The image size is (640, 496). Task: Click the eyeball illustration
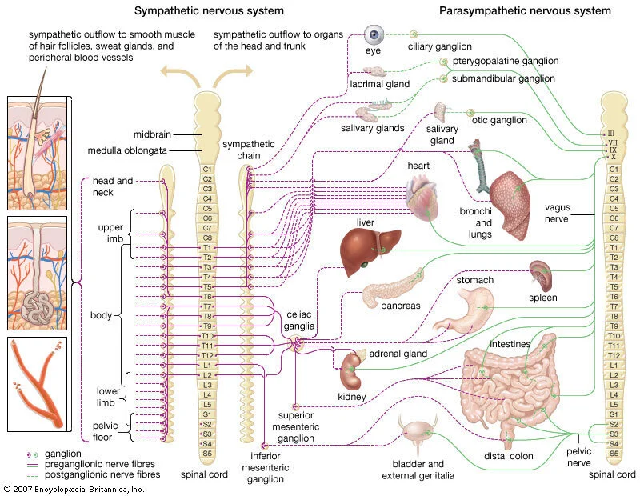click(374, 34)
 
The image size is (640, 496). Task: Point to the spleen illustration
click(541, 275)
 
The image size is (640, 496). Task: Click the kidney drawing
click(351, 370)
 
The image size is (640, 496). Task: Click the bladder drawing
click(417, 432)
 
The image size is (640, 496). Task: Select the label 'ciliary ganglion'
click(439, 46)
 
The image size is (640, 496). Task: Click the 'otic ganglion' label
click(499, 120)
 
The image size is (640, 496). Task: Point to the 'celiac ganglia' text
click(299, 320)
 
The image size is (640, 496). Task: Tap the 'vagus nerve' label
click(557, 213)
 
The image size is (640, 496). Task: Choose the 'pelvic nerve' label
click(578, 457)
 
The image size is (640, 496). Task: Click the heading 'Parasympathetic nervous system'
click(525, 11)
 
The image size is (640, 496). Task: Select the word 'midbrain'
click(152, 134)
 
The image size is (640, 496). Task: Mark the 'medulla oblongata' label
click(127, 150)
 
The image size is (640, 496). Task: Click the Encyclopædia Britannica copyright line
click(74, 489)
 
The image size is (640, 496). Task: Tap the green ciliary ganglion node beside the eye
click(414, 34)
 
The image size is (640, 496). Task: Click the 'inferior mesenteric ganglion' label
click(266, 467)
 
